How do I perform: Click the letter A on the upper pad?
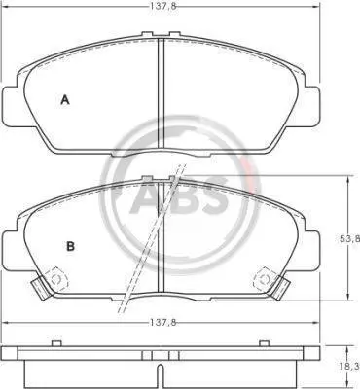pyautogui.click(x=65, y=99)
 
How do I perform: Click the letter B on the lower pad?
pyautogui.click(x=70, y=246)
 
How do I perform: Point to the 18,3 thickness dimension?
pyautogui.click(x=350, y=367)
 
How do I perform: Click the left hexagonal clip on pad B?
pyautogui.click(x=56, y=279)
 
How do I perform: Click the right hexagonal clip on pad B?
pyautogui.click(x=266, y=279)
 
